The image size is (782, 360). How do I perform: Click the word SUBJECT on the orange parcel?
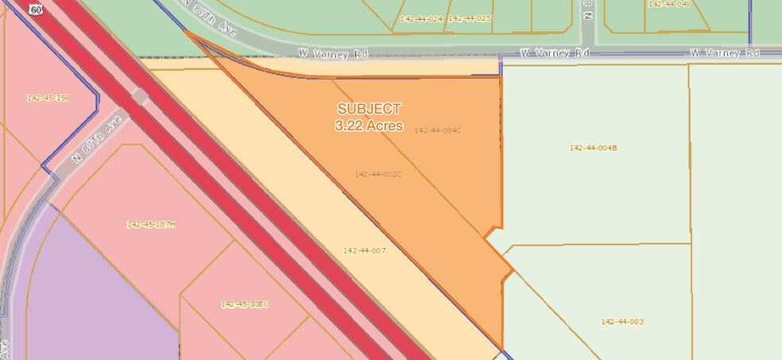[369, 109]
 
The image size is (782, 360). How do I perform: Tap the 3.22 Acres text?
[369, 126]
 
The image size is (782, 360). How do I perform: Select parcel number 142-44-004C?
[438, 131]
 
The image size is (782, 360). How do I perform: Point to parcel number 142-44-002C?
[378, 174]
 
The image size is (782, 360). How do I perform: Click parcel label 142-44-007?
[364, 250]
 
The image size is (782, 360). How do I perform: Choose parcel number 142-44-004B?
[594, 148]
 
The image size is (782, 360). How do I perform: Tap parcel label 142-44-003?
[622, 321]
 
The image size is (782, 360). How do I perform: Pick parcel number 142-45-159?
[48, 98]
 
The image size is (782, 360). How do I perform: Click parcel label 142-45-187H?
[150, 225]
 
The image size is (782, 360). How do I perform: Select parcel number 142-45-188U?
[245, 304]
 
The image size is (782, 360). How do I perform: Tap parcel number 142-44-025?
[470, 17]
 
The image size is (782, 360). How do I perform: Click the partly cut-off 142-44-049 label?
[668, 4]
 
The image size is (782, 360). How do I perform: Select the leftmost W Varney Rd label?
[333, 53]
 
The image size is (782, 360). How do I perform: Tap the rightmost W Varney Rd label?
[725, 53]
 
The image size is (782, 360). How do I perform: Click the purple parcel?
[87, 294]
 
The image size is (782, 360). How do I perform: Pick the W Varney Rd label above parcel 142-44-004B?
[556, 53]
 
